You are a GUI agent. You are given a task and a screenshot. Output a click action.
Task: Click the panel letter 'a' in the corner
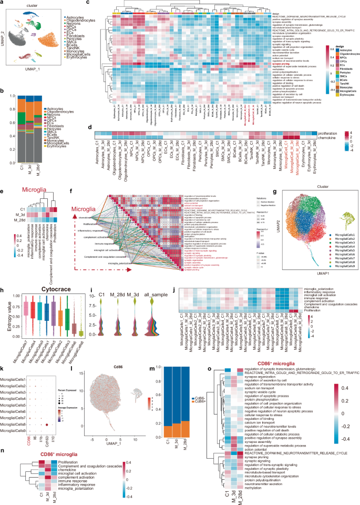(x=3, y=3)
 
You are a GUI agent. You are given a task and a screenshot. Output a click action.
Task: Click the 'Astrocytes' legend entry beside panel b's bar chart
(x=74, y=94)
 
